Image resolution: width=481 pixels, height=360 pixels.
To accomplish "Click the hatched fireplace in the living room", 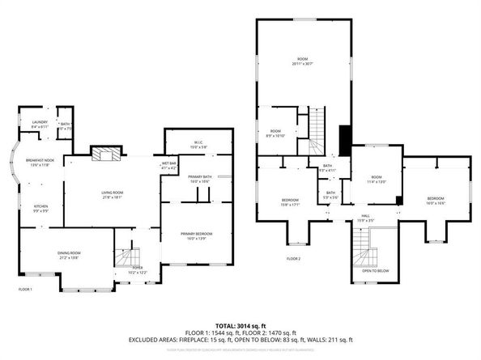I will pos(105,154).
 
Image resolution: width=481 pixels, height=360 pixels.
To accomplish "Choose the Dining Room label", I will pos(68,255).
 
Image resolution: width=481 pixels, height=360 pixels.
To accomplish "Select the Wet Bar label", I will pos(168,165).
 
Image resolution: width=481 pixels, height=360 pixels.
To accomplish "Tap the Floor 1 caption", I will pos(25,289).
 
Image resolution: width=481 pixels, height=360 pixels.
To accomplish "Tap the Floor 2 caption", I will pos(293,258).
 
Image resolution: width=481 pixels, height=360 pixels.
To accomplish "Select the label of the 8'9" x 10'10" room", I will pos(275,133).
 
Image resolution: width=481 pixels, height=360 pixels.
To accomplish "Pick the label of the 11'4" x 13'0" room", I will pos(377,178).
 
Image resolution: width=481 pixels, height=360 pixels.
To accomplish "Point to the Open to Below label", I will pos(375,271).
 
